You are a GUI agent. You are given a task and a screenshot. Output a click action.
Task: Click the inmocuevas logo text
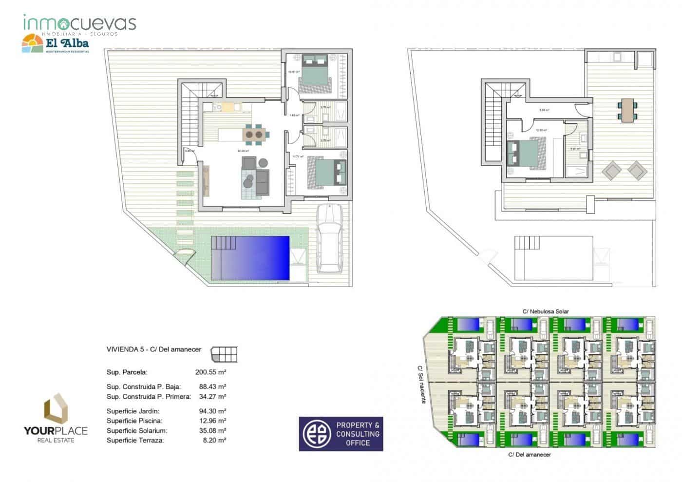coord(79,23)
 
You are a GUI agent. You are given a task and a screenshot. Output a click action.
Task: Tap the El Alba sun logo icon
coord(32,44)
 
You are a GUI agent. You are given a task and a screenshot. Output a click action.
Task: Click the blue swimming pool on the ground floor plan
coord(250,258)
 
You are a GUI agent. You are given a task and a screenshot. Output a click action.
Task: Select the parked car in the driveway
coord(330,238)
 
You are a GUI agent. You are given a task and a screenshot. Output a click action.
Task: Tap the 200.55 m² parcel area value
coord(210,372)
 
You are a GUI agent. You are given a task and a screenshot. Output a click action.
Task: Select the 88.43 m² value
coord(212,386)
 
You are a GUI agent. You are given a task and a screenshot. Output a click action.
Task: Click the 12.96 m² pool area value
coord(212,421)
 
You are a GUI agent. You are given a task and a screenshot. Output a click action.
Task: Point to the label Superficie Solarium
coord(137,430)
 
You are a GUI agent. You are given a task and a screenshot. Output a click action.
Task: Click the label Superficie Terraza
coord(135,440)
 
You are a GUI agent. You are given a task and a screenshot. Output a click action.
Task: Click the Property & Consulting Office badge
coord(341,433)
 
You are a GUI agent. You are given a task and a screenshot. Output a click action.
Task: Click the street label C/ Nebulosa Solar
coord(545,311)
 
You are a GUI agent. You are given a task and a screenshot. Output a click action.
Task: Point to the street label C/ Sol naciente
coord(421,385)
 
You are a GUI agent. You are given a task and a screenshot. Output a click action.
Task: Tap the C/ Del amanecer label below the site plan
coord(529,455)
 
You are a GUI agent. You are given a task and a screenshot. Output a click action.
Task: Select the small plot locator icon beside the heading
coord(225,354)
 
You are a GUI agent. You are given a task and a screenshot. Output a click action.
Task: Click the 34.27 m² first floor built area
coord(212,396)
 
